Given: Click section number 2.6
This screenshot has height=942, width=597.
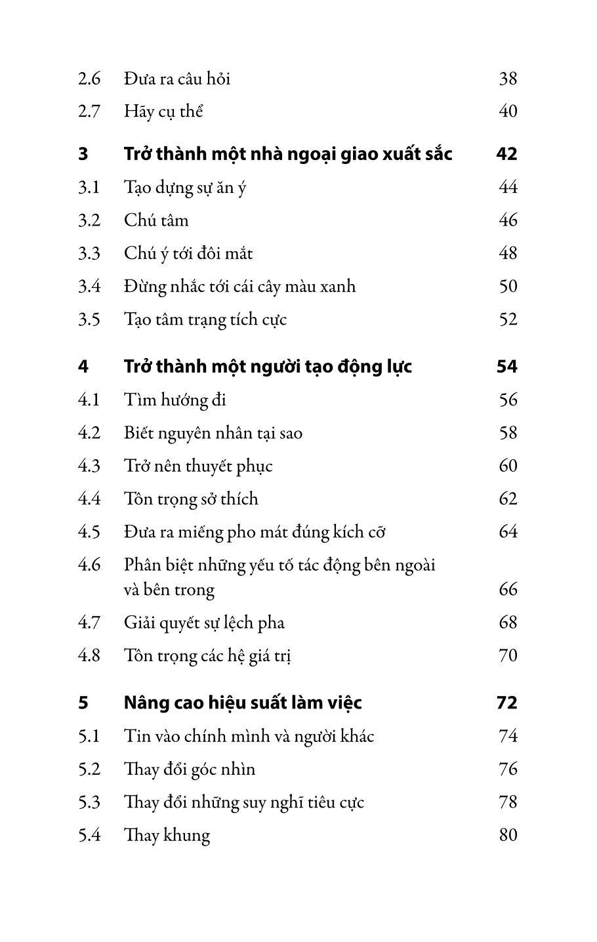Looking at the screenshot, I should click(x=89, y=79).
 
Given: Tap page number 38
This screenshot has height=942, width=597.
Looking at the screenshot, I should click(x=508, y=79).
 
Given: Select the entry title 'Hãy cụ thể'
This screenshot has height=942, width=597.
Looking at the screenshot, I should click(x=163, y=112).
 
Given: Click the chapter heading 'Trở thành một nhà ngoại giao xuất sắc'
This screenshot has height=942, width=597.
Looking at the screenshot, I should click(x=288, y=154).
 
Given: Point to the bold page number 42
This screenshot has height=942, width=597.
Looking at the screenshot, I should click(x=506, y=154).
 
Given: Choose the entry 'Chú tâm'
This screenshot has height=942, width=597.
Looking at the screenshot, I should click(x=156, y=220).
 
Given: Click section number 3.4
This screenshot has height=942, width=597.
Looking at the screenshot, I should click(x=89, y=286).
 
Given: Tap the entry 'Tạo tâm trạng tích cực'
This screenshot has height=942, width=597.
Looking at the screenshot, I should click(x=205, y=319).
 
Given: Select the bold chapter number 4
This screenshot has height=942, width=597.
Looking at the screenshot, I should click(x=83, y=366).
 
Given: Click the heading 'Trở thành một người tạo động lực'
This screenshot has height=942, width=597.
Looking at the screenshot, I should click(x=268, y=366).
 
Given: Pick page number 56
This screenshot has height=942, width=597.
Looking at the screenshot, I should click(x=508, y=399).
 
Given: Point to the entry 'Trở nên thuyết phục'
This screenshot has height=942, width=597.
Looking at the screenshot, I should click(x=198, y=466).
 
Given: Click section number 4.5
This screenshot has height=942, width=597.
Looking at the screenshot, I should click(x=89, y=531).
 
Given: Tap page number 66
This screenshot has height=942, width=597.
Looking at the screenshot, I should click(x=508, y=589).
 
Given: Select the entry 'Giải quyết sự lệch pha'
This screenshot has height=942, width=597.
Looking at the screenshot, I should click(x=204, y=622).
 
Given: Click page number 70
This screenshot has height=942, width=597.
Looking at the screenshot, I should click(x=508, y=655).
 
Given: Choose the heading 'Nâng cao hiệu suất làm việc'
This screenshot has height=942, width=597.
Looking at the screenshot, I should click(x=243, y=703).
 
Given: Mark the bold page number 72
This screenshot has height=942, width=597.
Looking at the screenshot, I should click(x=506, y=703).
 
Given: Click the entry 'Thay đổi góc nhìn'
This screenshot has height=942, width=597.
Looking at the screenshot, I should click(x=190, y=769).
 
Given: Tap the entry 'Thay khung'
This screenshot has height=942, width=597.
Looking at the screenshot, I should click(x=167, y=835).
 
